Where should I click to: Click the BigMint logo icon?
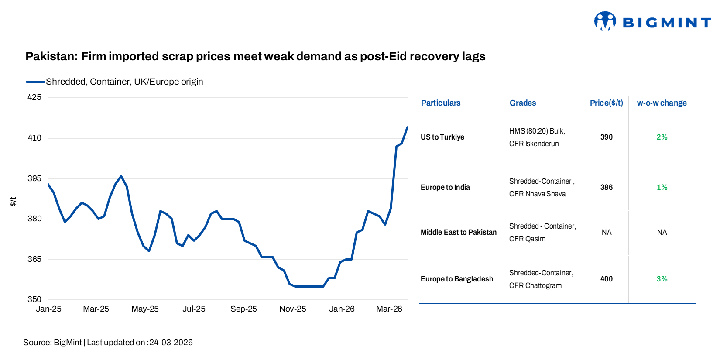tap(605, 21)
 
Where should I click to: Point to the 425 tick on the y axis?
tap(34, 97)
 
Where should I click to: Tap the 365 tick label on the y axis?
tap(34, 259)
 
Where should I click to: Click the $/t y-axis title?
tap(13, 201)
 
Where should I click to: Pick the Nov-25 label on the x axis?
tap(292, 309)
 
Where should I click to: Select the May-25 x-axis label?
tap(145, 309)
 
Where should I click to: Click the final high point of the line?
tap(407, 127)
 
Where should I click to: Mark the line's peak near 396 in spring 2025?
tap(121, 176)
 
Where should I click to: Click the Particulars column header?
tap(440, 103)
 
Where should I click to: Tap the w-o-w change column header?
tap(662, 103)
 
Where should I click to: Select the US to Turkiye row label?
tap(442, 137)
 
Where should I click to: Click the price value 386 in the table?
tap(606, 187)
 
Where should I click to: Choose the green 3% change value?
tap(662, 279)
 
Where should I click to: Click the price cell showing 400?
tap(606, 279)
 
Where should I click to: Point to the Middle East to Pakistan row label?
tap(458, 232)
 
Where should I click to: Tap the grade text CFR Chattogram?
tap(535, 285)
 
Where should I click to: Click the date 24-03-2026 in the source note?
tap(171, 343)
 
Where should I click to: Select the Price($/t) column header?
tap(606, 103)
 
